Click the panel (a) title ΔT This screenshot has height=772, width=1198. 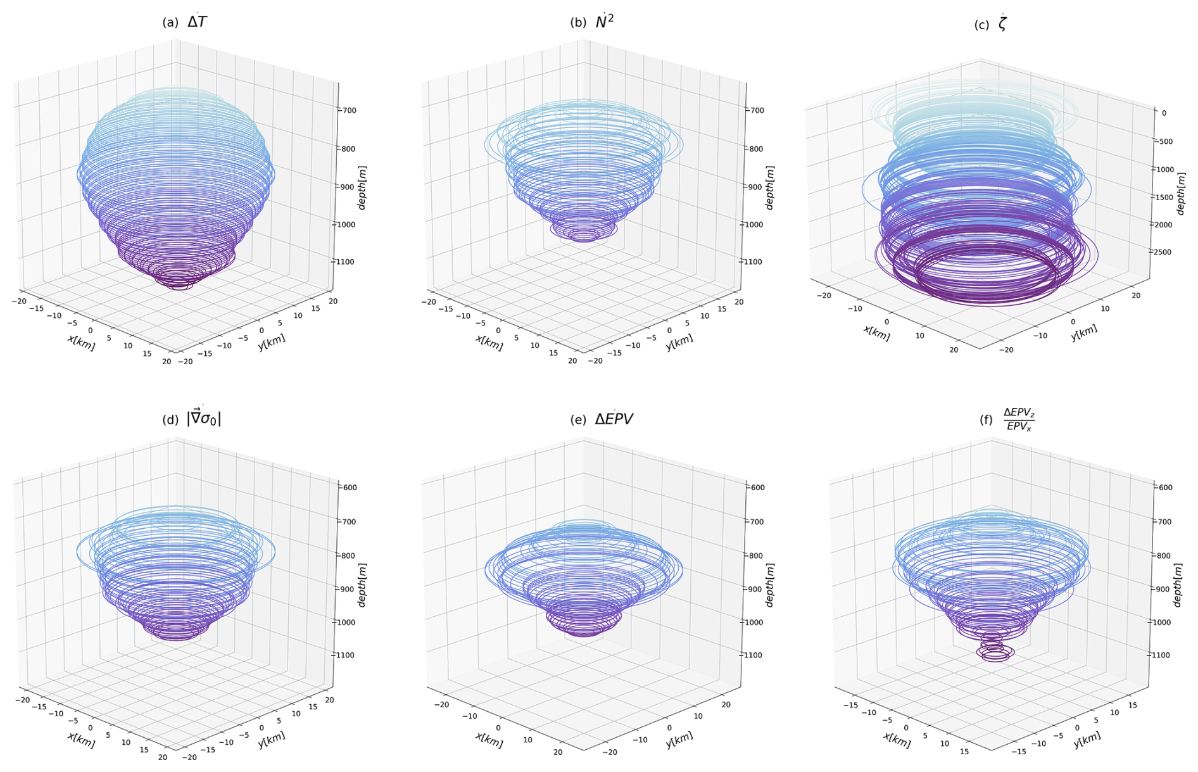pyautogui.click(x=197, y=22)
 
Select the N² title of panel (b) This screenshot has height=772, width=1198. pyautogui.click(x=604, y=22)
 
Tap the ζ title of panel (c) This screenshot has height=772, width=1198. pyautogui.click(x=1002, y=25)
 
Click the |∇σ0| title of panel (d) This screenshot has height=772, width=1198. pyautogui.click(x=203, y=419)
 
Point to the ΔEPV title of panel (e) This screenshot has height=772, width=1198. pyautogui.click(x=614, y=419)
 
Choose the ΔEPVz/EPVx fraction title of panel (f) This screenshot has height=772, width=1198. pyautogui.click(x=1019, y=419)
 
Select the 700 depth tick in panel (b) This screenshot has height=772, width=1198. pyautogui.click(x=754, y=110)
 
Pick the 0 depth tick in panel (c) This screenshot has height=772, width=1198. pyautogui.click(x=1164, y=113)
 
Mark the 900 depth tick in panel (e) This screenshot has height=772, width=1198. pyautogui.click(x=754, y=589)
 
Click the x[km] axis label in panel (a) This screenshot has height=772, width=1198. pyautogui.click(x=81, y=343)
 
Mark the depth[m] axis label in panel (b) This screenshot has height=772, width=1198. pyautogui.click(x=770, y=187)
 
